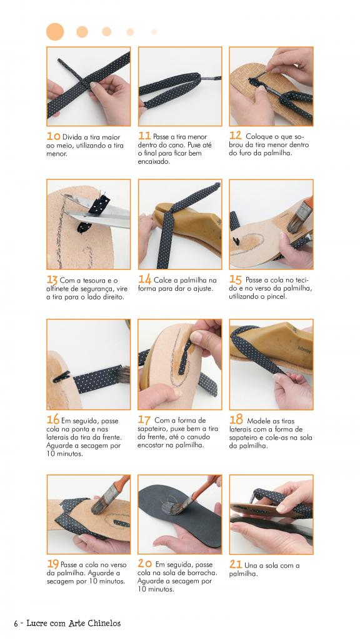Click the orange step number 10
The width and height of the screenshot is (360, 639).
(53, 136)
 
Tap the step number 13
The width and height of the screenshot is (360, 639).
(52, 280)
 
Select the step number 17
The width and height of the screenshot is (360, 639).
(144, 420)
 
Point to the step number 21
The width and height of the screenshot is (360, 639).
(236, 565)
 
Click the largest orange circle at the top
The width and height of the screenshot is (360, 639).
(55, 32)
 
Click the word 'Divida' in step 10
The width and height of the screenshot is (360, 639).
(72, 137)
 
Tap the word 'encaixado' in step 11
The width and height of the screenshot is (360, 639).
(154, 161)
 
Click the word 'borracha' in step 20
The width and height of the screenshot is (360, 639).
(203, 573)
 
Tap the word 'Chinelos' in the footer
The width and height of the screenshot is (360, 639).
(103, 623)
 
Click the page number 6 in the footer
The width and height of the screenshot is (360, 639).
(16, 623)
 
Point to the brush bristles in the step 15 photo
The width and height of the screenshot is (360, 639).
(297, 221)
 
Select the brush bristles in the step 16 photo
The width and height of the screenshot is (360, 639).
(123, 375)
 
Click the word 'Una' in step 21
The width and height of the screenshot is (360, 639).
(249, 565)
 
